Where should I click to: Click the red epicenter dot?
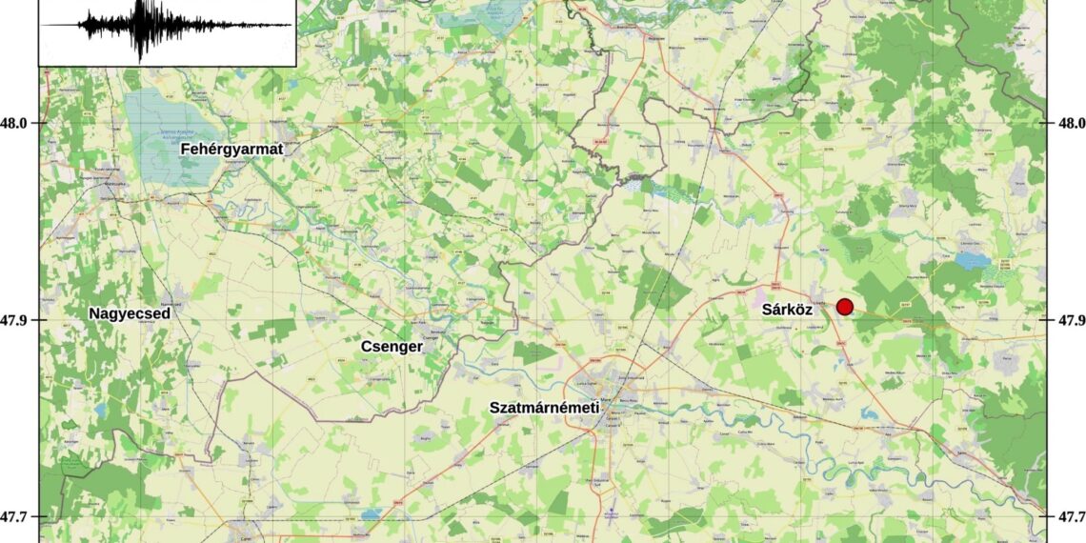click(844, 306)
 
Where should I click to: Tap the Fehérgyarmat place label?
click(232, 149)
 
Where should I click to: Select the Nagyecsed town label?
click(130, 313)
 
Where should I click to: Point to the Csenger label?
click(392, 347)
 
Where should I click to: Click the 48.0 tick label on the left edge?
click(19, 123)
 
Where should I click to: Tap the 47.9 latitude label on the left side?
click(19, 320)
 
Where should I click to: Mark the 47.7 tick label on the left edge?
click(19, 517)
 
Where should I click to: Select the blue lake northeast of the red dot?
click(974, 260)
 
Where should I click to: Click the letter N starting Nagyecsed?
click(95, 313)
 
